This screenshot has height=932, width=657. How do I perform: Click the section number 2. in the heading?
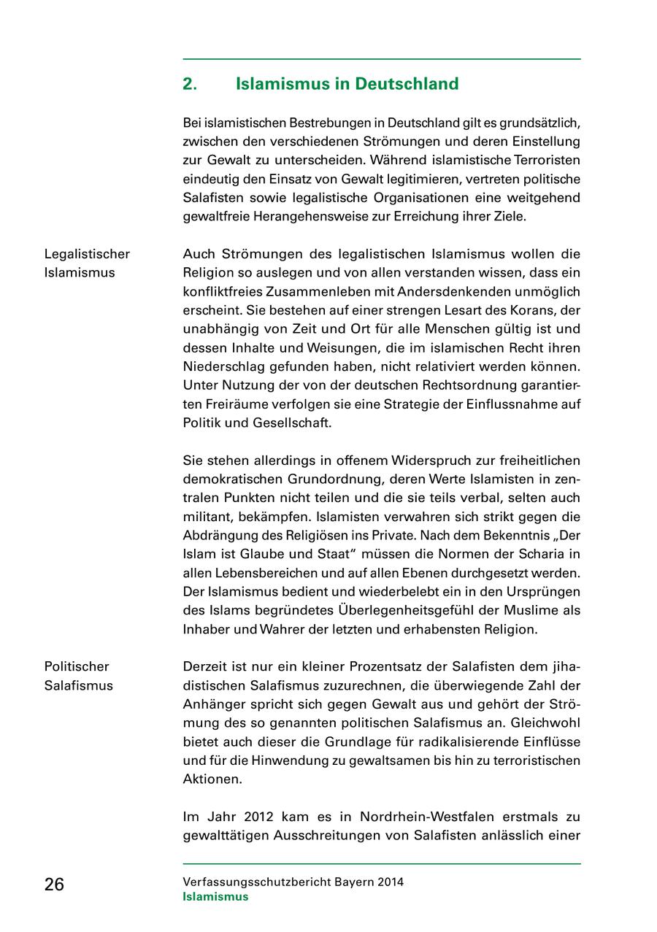pyautogui.click(x=190, y=84)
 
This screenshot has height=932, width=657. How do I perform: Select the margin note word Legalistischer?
pyautogui.click(x=87, y=254)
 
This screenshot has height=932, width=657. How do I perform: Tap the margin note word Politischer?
pyautogui.click(x=77, y=666)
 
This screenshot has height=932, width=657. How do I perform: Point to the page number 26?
pyautogui.click(x=54, y=885)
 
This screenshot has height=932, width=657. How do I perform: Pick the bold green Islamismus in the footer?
pyautogui.click(x=215, y=897)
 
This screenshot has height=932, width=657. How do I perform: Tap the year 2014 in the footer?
pyautogui.click(x=391, y=882)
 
